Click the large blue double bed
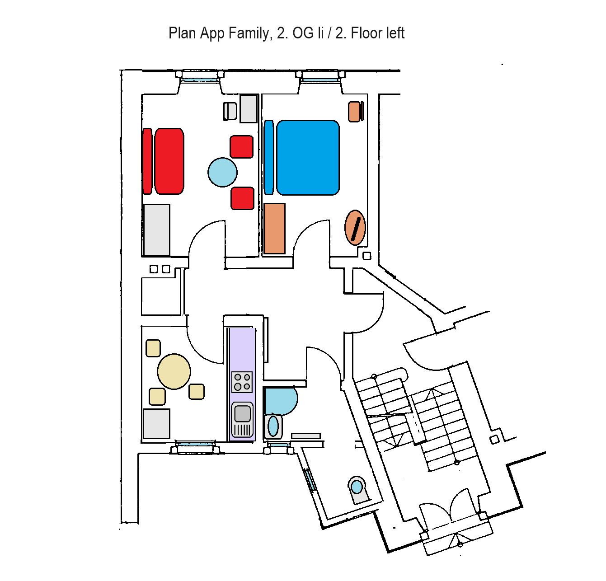click(308, 157)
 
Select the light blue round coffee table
click(222, 172)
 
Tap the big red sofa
click(169, 161)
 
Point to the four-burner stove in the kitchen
click(242, 381)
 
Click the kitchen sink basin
click(242, 413)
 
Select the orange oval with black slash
click(355, 227)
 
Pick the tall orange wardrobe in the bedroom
click(275, 228)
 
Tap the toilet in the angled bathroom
click(357, 488)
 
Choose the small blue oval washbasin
click(273, 426)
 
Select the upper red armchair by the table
click(242, 147)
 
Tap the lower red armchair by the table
click(243, 198)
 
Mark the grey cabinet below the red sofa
click(157, 230)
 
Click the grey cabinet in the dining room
click(156, 423)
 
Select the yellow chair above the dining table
click(153, 347)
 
